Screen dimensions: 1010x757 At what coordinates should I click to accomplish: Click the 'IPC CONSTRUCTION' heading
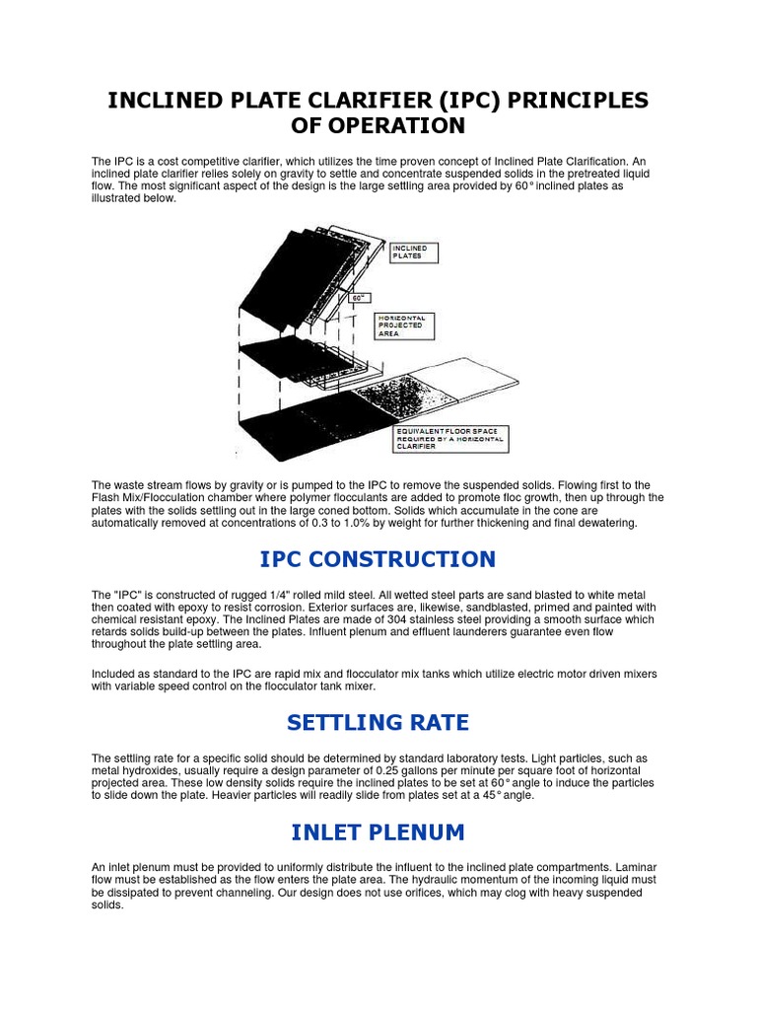click(378, 559)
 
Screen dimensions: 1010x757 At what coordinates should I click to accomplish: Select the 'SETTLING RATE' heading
click(378, 723)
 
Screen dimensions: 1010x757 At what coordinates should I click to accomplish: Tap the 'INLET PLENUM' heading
click(378, 832)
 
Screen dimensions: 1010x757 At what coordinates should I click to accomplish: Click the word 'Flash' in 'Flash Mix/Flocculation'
click(107, 497)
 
